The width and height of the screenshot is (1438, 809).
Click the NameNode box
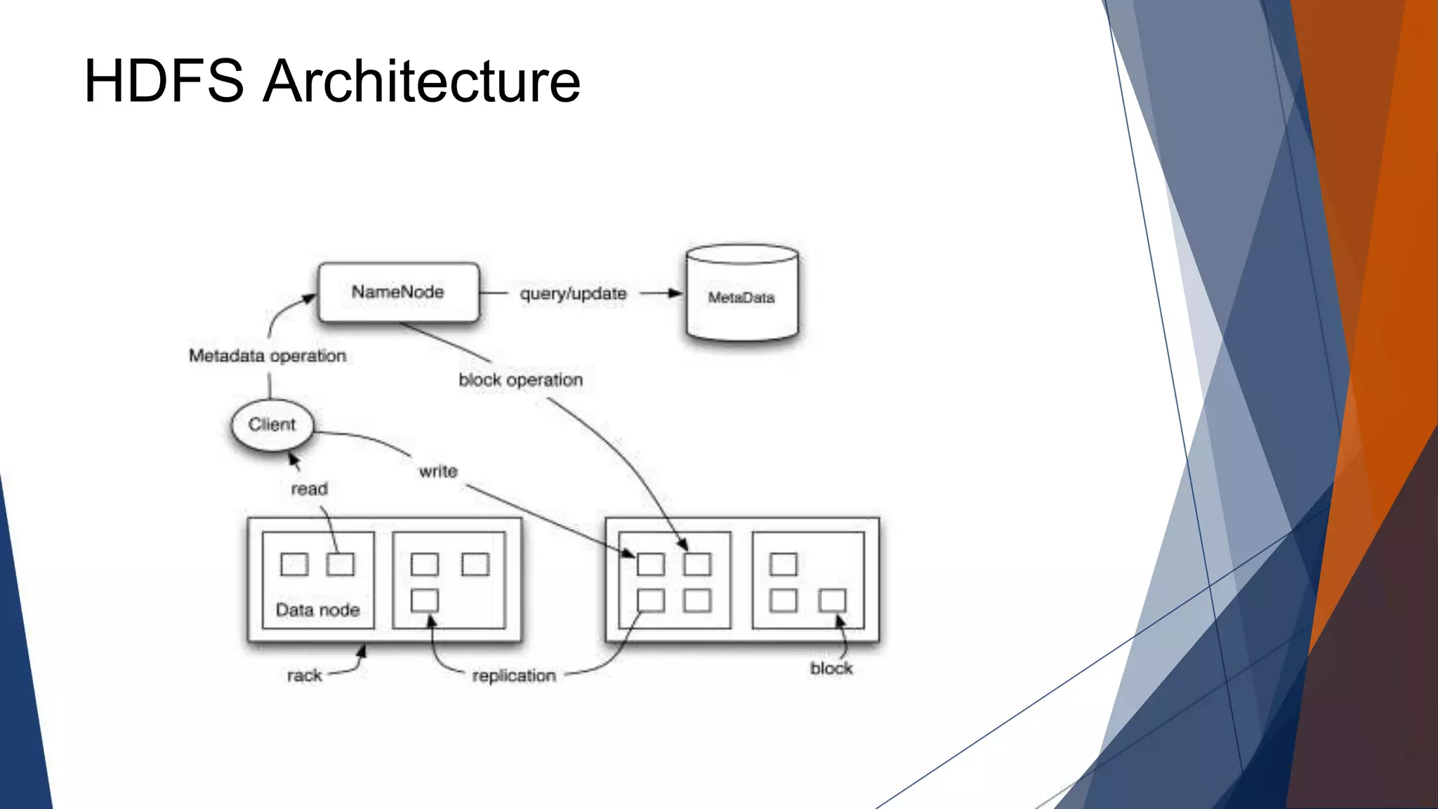point(398,292)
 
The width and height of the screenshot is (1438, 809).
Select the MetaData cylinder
point(741,295)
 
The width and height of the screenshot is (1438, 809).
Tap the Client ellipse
point(272,425)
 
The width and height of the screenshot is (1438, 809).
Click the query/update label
point(573,294)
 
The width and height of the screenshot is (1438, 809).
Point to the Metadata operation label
point(268,356)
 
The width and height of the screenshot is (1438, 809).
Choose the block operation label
point(520,380)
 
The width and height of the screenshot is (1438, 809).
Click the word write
point(438,471)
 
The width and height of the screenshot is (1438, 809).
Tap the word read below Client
point(309,489)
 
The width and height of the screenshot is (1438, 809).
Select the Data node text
point(317,610)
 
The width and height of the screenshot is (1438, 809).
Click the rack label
point(304,676)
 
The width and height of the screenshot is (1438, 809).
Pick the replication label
point(514,676)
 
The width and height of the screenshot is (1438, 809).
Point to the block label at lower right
point(831,668)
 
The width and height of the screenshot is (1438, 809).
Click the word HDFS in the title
point(164,81)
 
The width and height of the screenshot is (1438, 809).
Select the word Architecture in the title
point(421,81)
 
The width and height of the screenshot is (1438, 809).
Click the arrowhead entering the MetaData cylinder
point(675,293)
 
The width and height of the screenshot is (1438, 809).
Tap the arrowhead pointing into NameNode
point(310,299)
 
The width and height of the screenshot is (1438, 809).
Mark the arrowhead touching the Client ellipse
point(293,459)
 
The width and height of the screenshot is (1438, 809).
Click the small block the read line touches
point(341,564)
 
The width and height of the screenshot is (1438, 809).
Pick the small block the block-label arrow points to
point(832,600)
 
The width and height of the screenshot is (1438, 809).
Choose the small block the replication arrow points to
point(424,600)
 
